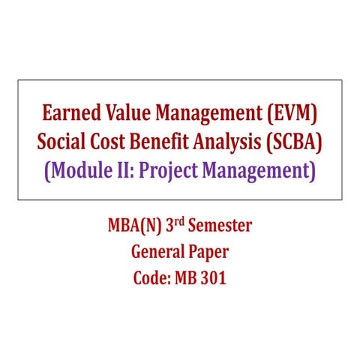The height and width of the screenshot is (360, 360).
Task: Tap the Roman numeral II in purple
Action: (x=128, y=171)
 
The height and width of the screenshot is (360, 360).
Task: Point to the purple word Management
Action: (x=259, y=171)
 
